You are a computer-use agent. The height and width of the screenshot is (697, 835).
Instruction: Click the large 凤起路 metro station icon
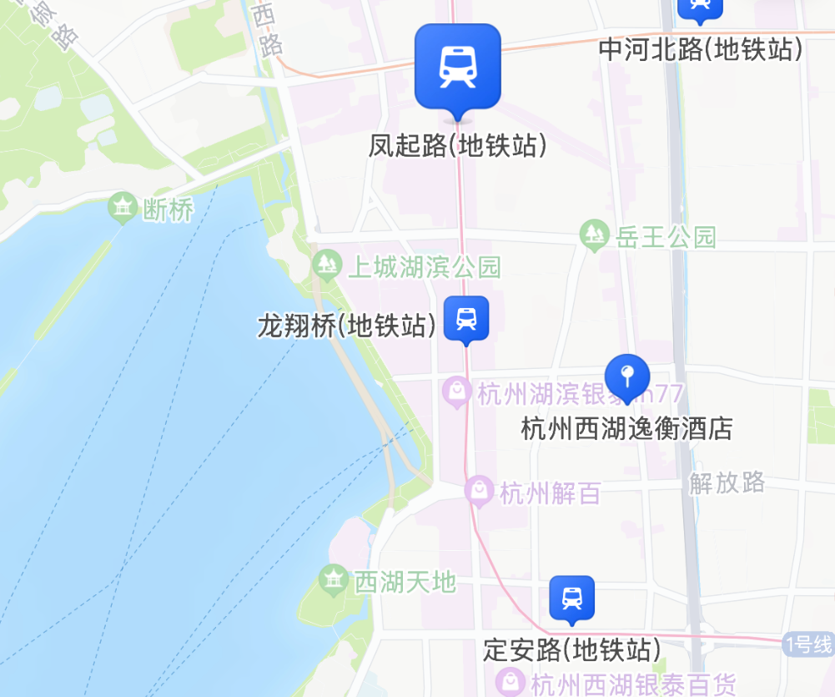(x=457, y=67)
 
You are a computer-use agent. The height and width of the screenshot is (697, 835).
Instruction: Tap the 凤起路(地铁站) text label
(x=458, y=146)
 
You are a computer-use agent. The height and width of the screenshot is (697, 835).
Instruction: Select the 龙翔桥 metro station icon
(x=466, y=318)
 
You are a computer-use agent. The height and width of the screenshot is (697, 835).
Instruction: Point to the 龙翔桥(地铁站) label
(x=346, y=326)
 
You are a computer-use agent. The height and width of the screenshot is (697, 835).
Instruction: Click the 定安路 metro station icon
(x=571, y=598)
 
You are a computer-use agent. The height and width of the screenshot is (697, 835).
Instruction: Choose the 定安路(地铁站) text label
(x=572, y=649)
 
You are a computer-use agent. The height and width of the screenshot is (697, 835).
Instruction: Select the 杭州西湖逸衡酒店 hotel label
(x=626, y=429)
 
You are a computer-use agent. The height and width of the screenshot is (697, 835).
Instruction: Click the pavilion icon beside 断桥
(x=123, y=208)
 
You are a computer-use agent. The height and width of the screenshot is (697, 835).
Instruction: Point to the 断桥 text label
(x=169, y=210)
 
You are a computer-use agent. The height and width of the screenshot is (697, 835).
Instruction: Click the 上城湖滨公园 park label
(x=424, y=267)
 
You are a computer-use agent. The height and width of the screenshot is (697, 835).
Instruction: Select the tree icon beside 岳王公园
(x=594, y=235)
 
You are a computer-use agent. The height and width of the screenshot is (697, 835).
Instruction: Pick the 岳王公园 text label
(x=666, y=237)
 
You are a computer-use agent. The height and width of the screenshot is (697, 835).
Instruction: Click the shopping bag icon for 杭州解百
(x=479, y=492)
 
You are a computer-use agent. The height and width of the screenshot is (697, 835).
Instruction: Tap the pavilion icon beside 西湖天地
(x=334, y=579)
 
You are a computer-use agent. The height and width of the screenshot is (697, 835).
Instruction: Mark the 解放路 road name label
(x=727, y=482)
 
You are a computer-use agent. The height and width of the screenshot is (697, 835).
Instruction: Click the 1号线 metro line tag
(x=808, y=644)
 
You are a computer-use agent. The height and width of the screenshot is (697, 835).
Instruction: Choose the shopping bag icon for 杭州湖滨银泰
(x=456, y=391)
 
